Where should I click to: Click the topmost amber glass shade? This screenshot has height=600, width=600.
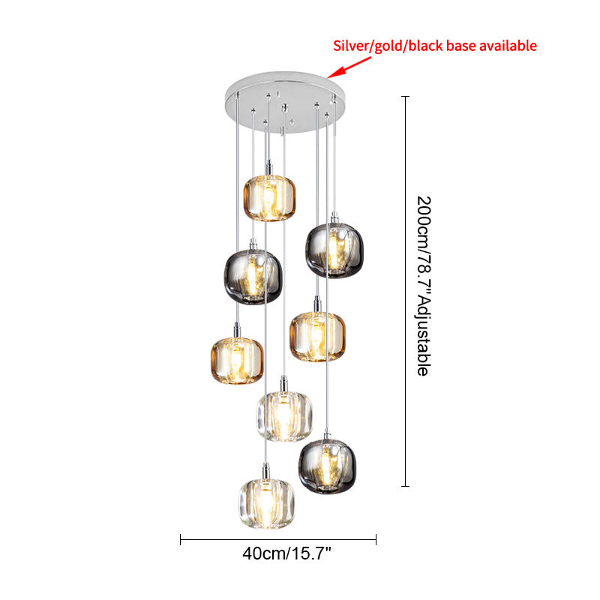269,198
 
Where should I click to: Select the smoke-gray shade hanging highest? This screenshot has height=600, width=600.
334,250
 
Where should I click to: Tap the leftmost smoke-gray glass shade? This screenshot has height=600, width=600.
253,277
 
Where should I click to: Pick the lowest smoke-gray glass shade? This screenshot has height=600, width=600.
327,466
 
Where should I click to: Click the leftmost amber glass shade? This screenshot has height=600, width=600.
237,361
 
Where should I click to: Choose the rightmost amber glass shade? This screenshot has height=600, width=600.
317,337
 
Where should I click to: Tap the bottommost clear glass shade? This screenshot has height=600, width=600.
267,503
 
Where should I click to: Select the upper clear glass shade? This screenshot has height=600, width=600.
284,416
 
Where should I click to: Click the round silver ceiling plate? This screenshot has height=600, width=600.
285,102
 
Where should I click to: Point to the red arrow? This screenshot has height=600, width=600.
349,67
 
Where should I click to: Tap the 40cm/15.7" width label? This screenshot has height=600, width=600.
286,553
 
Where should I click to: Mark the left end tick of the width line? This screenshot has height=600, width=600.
180,539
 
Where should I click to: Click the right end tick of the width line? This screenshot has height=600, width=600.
376,539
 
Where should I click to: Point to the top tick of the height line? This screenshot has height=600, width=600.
406,97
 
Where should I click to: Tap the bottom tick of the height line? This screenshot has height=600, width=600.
406,486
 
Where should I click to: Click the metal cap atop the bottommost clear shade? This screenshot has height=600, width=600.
266,471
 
